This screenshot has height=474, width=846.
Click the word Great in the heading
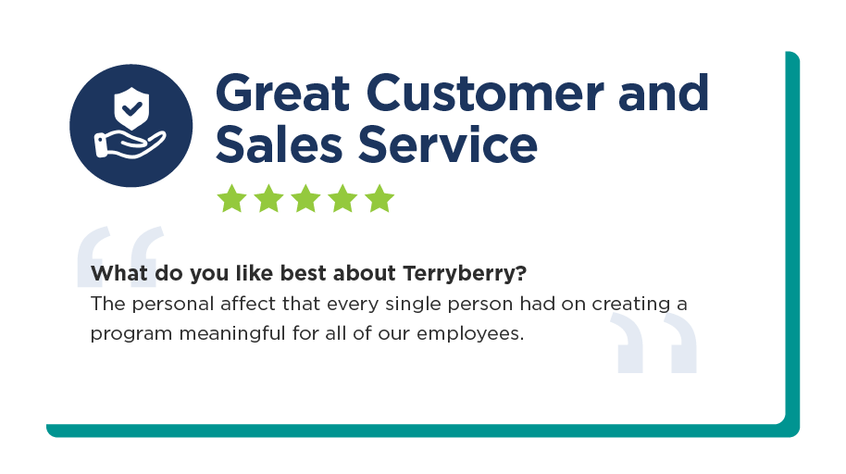point(282,93)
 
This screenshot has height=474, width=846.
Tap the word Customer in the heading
point(485,93)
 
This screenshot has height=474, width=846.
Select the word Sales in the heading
point(279,143)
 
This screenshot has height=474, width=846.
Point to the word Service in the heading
point(448,143)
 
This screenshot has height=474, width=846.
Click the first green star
point(232,199)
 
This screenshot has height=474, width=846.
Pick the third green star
point(306,199)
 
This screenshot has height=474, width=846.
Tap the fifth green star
point(379,199)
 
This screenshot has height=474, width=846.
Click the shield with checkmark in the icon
point(131,108)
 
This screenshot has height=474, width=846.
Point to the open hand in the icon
point(130,144)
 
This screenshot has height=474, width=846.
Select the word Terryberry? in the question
point(465,274)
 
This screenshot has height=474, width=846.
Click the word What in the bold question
point(119,273)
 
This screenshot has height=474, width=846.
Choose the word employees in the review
point(470,333)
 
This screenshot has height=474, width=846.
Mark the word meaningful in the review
point(232,333)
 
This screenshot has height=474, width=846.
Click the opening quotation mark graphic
point(120,256)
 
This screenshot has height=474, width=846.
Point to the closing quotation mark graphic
point(653,343)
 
